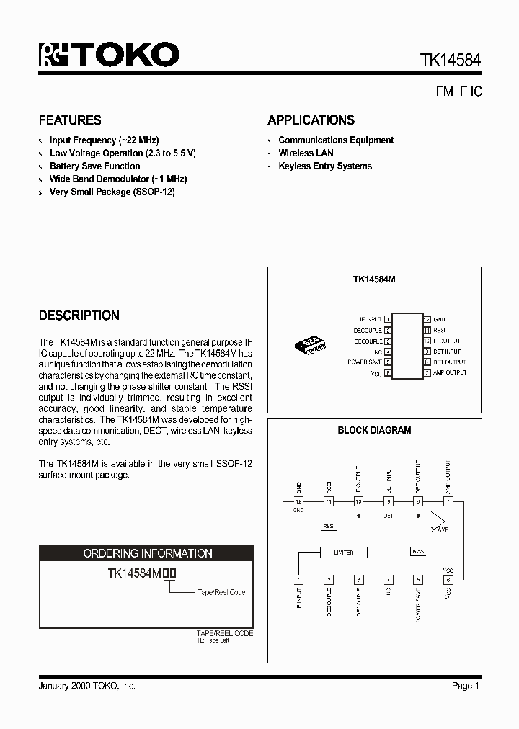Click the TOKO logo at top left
coord(109,55)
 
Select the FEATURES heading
coord(70,120)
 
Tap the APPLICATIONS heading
coord(311,120)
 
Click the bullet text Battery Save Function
coord(94,166)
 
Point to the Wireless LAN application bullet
coord(306,153)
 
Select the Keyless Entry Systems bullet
coord(324,166)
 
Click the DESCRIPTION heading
coord(79,316)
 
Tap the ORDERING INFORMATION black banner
coord(146,553)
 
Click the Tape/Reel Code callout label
coord(221,592)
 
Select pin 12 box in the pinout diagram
coord(427,318)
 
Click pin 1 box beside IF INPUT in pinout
coord(388,318)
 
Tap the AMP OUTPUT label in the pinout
coord(450,372)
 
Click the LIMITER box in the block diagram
coord(344,553)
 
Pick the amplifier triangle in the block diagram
coord(438,521)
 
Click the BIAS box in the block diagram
coord(417,551)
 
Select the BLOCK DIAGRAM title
coord(374,430)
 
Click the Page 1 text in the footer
coord(466,686)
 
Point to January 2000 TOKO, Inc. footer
coord(86,686)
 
